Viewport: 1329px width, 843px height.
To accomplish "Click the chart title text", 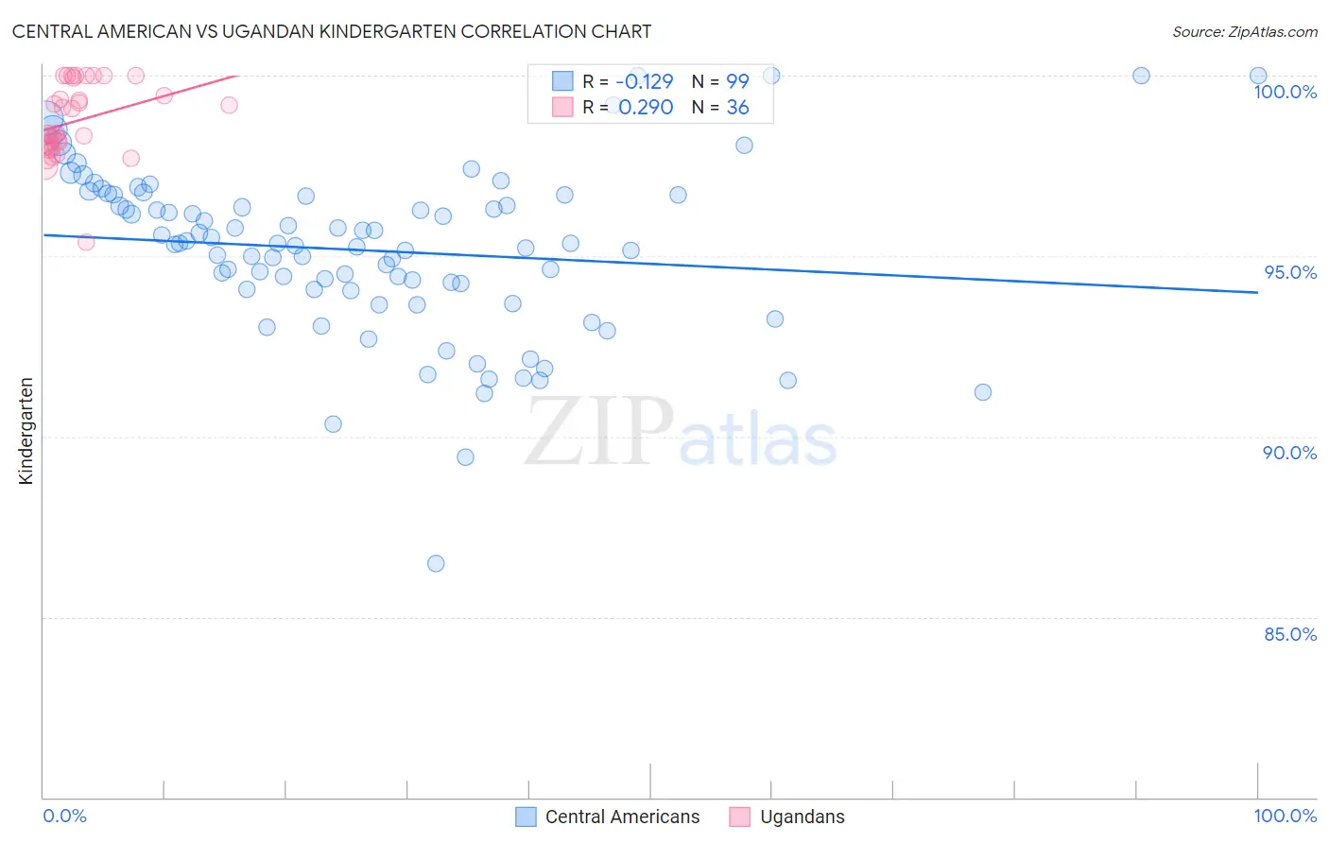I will [332, 31].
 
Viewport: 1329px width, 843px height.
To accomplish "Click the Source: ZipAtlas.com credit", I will [1244, 32].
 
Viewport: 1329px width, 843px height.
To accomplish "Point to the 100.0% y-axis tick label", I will [1285, 92].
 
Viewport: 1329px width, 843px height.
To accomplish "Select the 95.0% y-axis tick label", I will [1290, 272].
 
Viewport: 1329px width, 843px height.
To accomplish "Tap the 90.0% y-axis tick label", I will [1289, 453].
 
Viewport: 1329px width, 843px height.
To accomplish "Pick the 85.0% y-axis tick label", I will [1290, 634].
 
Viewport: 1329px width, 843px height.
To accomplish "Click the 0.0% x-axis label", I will [64, 816].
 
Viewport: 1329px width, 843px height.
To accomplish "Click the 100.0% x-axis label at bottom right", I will [1285, 816].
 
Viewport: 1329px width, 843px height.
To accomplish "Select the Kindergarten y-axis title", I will [26, 431].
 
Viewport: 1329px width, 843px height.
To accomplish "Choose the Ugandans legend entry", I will [802, 817].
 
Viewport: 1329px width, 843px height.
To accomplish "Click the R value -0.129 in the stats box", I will [644, 81].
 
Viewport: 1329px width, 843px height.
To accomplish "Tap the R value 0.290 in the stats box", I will [646, 108].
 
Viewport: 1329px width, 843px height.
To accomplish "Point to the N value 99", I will [737, 81].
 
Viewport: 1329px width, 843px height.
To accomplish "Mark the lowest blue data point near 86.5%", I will [436, 563].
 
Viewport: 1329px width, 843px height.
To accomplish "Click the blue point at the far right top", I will [1257, 76].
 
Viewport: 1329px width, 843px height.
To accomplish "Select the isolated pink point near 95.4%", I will [86, 242].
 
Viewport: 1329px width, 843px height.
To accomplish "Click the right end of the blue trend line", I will [1257, 293].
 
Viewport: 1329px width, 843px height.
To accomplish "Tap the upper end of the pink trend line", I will [236, 76].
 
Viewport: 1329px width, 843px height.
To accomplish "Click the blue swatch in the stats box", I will [562, 81].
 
